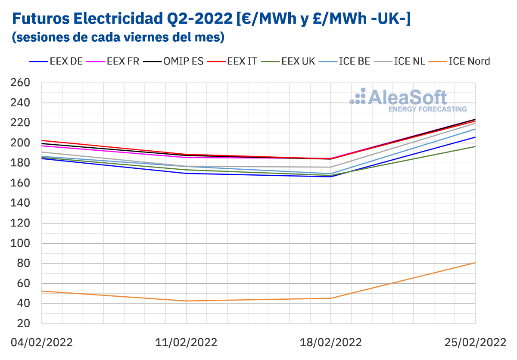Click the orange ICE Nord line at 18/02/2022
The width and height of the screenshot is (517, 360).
pos(331,298)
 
